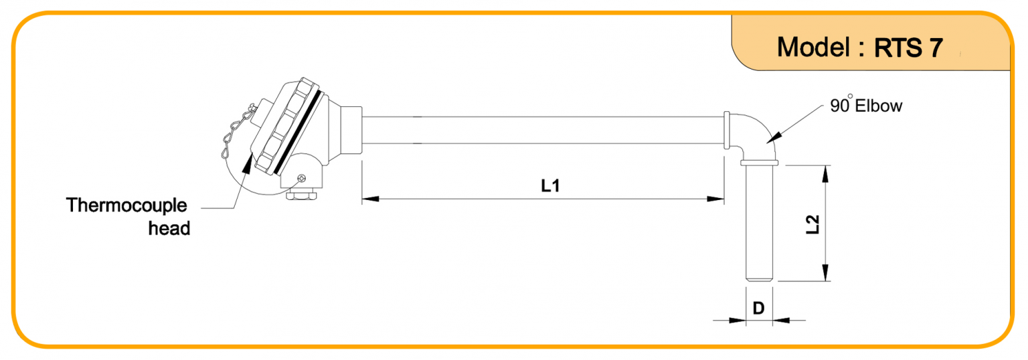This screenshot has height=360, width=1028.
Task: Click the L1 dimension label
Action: click(x=550, y=186)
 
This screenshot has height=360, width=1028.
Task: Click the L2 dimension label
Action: click(x=812, y=224)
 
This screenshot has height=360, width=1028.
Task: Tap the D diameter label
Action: click(x=758, y=308)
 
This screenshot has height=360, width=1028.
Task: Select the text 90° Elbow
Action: click(x=866, y=105)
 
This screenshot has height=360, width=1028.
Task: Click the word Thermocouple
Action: click(x=126, y=205)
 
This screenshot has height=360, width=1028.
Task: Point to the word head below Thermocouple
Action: click(x=169, y=228)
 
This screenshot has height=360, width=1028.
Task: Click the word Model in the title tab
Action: click(x=813, y=48)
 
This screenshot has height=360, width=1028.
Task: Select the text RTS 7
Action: click(x=908, y=48)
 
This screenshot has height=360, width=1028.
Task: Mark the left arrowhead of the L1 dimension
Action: click(x=370, y=199)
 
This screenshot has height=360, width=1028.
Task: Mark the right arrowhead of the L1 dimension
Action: click(x=715, y=199)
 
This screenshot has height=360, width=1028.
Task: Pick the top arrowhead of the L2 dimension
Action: click(x=826, y=174)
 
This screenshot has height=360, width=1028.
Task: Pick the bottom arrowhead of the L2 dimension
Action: click(x=826, y=272)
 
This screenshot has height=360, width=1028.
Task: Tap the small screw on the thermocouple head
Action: click(x=301, y=178)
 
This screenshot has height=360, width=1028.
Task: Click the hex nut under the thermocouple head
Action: click(x=301, y=195)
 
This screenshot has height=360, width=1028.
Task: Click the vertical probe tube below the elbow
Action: click(x=759, y=223)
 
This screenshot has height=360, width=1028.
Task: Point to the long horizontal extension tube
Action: click(x=543, y=130)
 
